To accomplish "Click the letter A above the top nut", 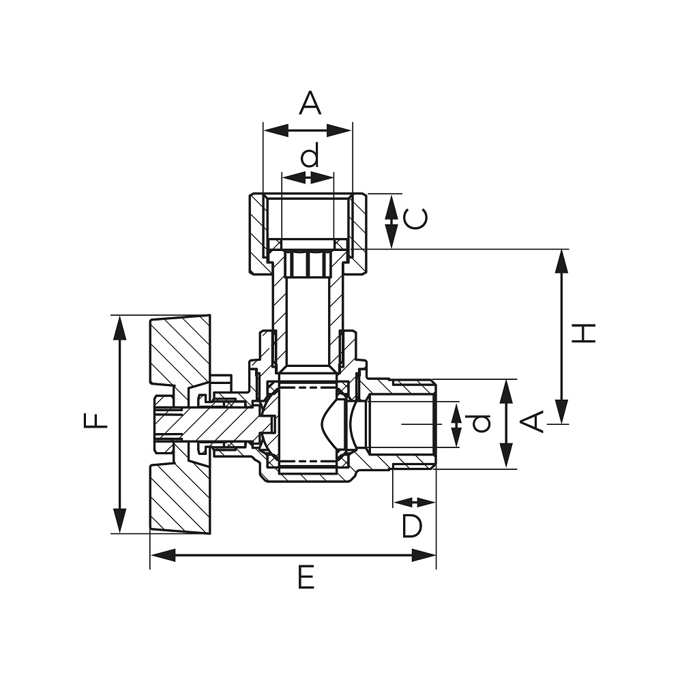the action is pos(310,103).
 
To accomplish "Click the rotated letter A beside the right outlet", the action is pos(533,421).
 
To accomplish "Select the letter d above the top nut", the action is pos(310,154).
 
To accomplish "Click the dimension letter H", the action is pos(583,333).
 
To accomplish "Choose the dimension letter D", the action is pos(411,526).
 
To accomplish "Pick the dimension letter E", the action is pos(306,578).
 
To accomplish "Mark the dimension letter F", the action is pos(95,421).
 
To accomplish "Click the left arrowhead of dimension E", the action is pos(163,555).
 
